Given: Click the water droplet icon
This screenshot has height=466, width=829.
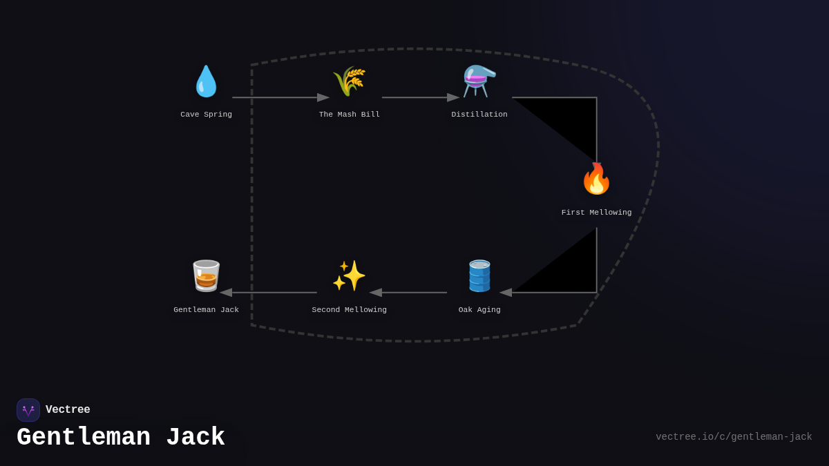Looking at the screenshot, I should (x=206, y=81).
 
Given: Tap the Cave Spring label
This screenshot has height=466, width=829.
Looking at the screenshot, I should (x=206, y=115).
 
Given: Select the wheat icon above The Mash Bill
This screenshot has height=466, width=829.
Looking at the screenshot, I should (x=349, y=81).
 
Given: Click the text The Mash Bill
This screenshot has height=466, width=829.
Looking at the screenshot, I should (x=349, y=115).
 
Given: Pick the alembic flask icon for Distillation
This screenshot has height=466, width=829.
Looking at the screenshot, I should (x=479, y=81).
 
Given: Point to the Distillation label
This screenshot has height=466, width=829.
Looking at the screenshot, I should (x=479, y=115).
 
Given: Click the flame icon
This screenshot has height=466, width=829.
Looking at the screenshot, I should (x=596, y=179).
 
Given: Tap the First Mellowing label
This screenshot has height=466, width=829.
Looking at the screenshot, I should (x=596, y=213).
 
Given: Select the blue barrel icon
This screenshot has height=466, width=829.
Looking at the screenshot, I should (x=479, y=276).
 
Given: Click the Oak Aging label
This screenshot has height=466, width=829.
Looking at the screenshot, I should (x=479, y=310).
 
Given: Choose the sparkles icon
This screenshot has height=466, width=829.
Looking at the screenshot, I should (x=349, y=276).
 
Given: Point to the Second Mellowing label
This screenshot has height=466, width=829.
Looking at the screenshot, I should (x=349, y=310).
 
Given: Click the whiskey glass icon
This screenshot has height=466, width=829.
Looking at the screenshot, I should (x=206, y=276).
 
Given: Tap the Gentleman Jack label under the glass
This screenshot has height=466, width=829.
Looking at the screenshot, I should (x=206, y=310).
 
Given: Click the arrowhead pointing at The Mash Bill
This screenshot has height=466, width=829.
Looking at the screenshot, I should (x=323, y=97).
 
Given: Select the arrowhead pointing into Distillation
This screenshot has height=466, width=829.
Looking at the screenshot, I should (x=453, y=97).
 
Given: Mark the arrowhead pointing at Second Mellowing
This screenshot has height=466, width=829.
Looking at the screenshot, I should (x=376, y=293).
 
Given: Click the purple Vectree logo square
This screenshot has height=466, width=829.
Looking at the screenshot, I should (x=28, y=410).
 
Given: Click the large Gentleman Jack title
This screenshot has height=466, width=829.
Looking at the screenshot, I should (x=121, y=438).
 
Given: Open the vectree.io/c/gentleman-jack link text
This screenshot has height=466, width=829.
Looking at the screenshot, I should (x=734, y=437).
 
